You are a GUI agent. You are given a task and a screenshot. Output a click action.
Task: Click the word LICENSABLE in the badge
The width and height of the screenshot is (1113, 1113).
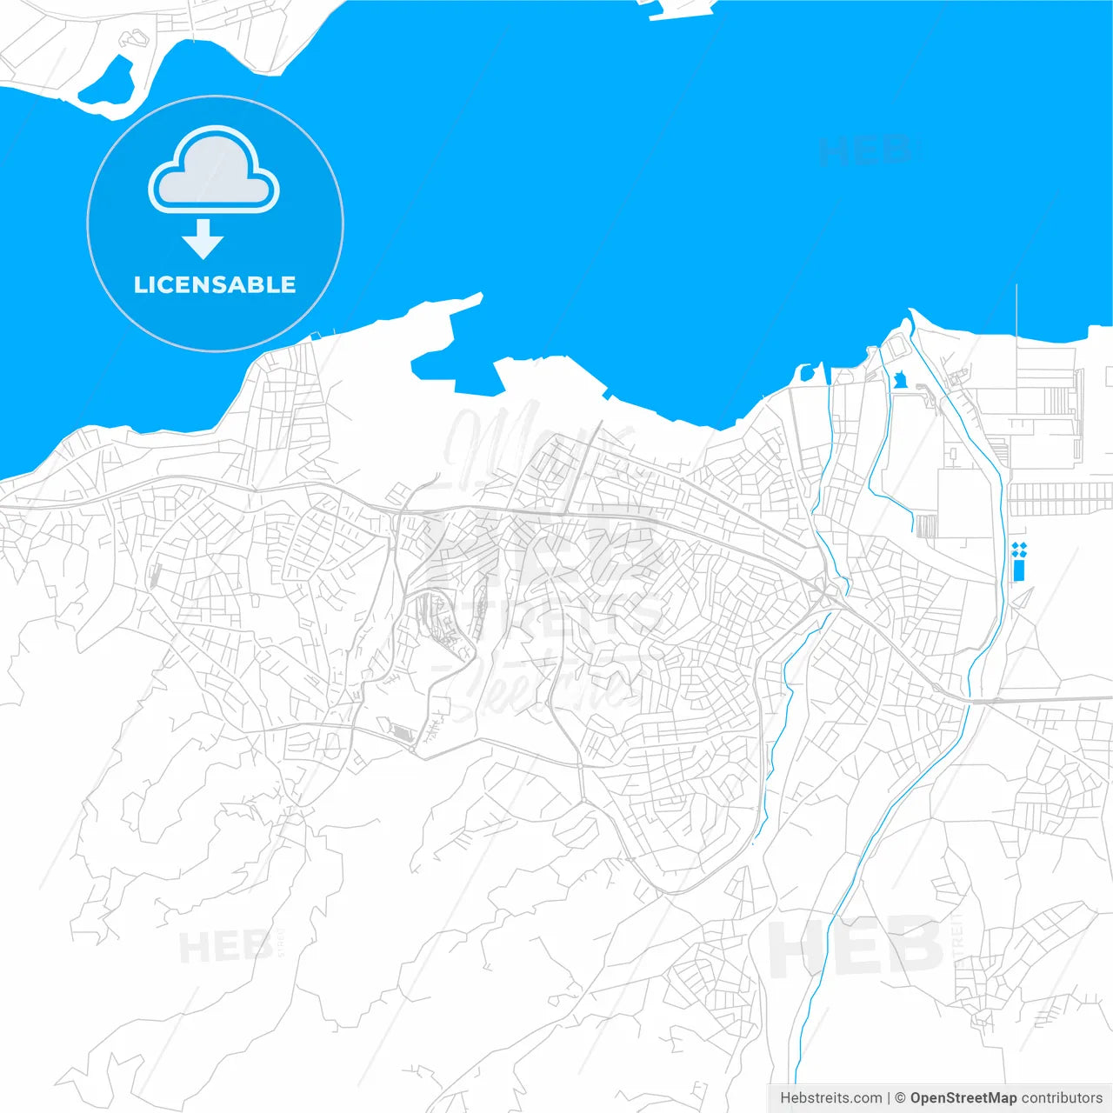215,285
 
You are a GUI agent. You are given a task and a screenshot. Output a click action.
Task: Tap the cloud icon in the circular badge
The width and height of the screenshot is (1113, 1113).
214,171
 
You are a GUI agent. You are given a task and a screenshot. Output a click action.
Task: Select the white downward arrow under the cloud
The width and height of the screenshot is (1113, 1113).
203,240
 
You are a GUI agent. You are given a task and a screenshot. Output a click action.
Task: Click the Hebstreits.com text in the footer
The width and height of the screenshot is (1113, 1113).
830,1098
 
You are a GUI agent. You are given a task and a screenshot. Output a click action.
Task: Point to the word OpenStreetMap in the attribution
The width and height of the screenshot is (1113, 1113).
963,1098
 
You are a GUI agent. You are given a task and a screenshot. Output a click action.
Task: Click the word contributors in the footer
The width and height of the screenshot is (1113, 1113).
1062,1098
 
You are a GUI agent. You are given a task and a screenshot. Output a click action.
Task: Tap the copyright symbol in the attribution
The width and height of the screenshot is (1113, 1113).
900,1098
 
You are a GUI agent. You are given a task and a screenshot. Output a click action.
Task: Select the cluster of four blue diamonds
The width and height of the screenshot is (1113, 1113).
1019,549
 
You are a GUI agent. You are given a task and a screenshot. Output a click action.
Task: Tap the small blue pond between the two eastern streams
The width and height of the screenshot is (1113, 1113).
900,381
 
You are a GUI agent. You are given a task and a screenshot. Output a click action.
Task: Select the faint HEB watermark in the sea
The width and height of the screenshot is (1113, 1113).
865,151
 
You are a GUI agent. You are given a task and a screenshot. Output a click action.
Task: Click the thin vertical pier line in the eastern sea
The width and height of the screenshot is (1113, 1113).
1016,313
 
